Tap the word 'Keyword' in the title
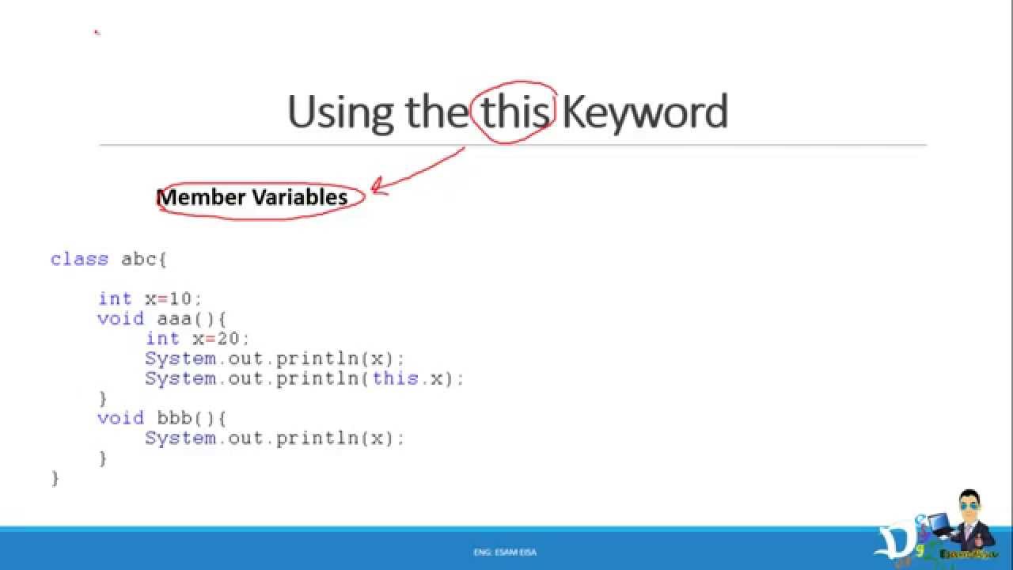[x=644, y=112]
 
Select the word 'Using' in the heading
[x=340, y=112]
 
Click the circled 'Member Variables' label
[x=253, y=197]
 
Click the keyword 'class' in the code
[x=79, y=259]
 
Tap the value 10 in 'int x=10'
[x=180, y=298]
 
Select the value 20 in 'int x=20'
[x=228, y=338]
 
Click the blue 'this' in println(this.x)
[x=395, y=378]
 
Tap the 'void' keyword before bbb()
[x=120, y=418]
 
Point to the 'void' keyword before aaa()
[x=120, y=318]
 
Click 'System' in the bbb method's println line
[x=180, y=438]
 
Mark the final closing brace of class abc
[x=55, y=478]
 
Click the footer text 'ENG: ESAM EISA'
[x=505, y=552]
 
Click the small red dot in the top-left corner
[x=96, y=32]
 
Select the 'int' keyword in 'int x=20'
[x=162, y=338]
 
